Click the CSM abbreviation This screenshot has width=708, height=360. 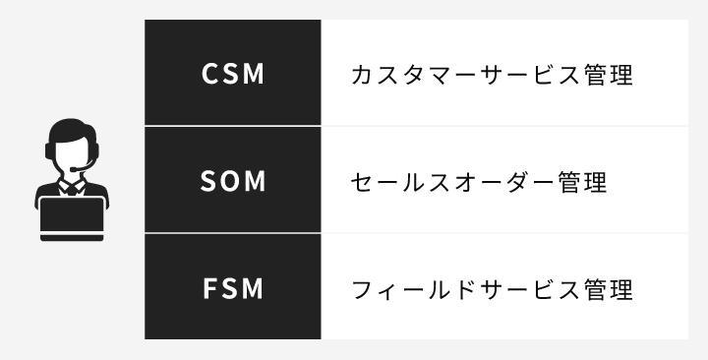pos(233,75)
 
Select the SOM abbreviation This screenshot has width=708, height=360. pos(233,182)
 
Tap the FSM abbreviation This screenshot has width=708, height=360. pos(233,289)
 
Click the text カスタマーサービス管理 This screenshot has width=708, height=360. pos(491,75)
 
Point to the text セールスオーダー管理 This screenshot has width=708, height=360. pos(478,182)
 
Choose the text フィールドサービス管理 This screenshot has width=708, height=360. pos(491,289)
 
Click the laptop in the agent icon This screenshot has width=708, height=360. pos(72,215)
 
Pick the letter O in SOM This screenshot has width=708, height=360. pos(232,182)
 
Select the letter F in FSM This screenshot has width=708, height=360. pos(209,289)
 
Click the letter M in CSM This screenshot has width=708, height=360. pos(256,75)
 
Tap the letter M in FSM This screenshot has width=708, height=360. pos(256,289)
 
